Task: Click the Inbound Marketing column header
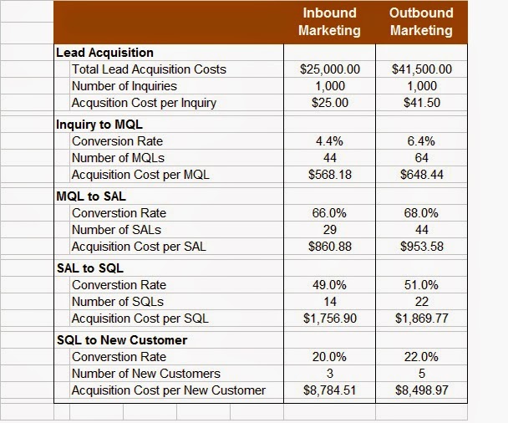point(329,22)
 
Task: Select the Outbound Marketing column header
point(421,22)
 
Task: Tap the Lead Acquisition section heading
point(104,53)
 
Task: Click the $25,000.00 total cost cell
point(329,69)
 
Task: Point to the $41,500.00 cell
point(421,69)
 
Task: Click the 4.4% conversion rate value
point(329,141)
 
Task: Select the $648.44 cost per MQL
point(421,175)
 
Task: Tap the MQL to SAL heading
point(91,196)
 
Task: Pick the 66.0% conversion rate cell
point(329,213)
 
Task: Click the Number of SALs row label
point(117,230)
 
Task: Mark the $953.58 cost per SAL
point(421,247)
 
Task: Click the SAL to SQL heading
point(89,268)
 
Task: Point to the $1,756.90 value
point(329,319)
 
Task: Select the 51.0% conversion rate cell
point(421,285)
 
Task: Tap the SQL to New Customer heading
point(121,340)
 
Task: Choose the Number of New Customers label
point(146,374)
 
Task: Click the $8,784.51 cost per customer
point(329,390)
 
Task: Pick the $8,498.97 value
point(421,390)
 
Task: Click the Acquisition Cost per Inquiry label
point(144,103)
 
